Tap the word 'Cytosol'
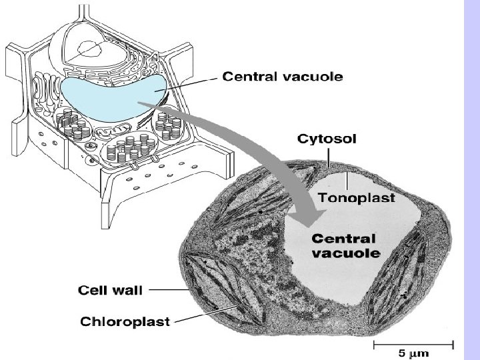pos(327,139)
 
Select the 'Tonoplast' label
pos(357,198)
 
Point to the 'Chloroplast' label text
pos(125,321)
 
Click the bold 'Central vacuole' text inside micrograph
pos(345,246)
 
